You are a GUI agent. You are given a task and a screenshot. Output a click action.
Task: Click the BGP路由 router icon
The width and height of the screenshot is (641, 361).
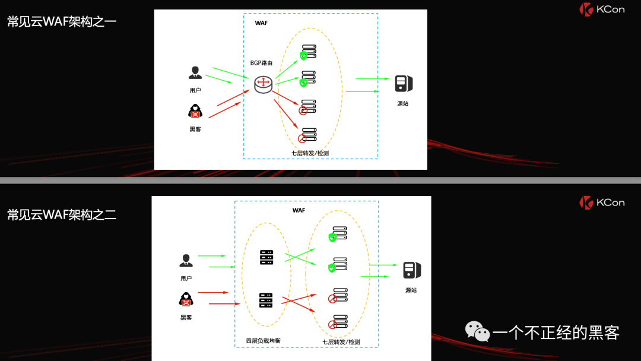click(x=263, y=85)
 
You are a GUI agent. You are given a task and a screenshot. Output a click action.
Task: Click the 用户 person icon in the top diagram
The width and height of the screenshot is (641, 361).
click(x=195, y=73)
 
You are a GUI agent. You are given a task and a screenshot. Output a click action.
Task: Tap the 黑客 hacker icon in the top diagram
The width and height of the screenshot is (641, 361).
click(x=195, y=111)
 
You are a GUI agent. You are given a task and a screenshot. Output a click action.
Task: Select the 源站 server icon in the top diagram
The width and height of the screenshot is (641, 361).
click(x=403, y=84)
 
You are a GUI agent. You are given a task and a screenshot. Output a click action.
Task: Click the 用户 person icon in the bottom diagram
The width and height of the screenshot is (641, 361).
click(x=186, y=261)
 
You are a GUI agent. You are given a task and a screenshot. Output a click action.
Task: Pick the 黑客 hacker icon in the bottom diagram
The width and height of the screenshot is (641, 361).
click(x=186, y=299)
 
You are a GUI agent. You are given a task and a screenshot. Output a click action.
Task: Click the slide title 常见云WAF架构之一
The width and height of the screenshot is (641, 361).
click(x=62, y=22)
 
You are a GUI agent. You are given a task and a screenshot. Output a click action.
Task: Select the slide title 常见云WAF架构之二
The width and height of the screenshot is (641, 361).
click(x=62, y=215)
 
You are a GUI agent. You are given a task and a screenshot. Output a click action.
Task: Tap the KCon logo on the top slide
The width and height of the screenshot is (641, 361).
click(x=602, y=9)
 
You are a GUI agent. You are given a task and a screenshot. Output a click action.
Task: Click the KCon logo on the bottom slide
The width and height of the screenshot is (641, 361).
click(x=602, y=202)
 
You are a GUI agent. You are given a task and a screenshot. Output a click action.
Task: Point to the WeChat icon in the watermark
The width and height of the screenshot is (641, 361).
click(x=477, y=331)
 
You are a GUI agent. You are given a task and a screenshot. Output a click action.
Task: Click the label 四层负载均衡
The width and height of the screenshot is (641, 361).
click(x=264, y=341)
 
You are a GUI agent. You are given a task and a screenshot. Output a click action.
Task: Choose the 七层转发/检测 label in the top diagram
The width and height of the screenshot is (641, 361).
click(x=310, y=153)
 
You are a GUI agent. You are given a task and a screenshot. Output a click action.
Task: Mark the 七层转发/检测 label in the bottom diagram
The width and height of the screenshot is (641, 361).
click(x=341, y=342)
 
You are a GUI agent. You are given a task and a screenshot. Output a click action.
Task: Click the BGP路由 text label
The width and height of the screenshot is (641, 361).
click(x=261, y=63)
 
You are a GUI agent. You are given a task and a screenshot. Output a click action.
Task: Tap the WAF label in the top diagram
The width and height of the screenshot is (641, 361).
click(x=261, y=23)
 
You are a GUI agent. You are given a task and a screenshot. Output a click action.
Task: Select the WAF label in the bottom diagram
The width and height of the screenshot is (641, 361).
click(x=299, y=210)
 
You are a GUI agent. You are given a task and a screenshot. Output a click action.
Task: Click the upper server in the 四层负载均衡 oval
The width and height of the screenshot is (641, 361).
click(x=266, y=258)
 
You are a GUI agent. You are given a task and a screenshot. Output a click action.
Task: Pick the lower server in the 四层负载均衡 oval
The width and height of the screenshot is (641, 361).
click(x=266, y=300)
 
